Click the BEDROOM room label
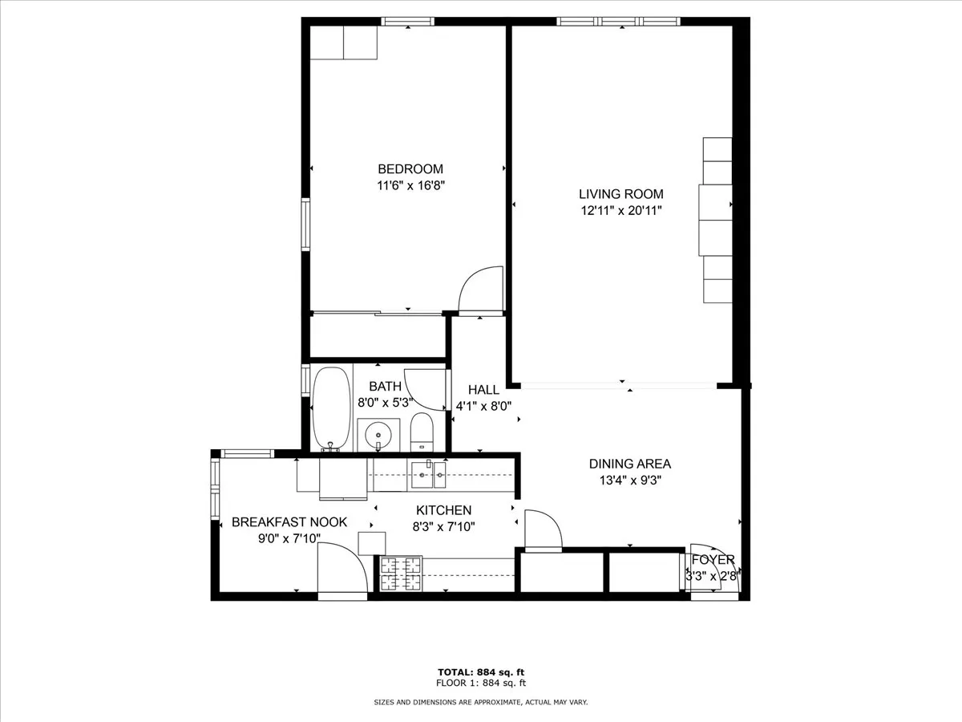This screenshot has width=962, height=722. tap(410, 169)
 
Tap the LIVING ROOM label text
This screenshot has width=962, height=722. tap(621, 194)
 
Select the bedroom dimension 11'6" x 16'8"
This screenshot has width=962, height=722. tap(410, 185)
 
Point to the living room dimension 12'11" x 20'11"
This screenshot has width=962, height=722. tap(621, 211)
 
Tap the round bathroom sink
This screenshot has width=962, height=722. tap(377, 436)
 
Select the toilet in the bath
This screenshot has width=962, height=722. tap(422, 433)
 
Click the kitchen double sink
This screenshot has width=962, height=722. tap(429, 475)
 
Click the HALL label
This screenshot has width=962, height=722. tap(483, 390)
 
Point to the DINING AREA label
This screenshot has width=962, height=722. tap(629, 464)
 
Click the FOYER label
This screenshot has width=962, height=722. tap(713, 560)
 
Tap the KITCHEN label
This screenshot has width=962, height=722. tap(443, 510)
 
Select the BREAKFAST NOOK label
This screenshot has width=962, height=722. tap(289, 522)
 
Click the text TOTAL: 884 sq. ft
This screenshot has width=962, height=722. tap(481, 671)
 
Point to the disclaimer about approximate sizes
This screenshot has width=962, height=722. tap(481, 702)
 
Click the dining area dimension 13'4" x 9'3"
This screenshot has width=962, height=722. tap(629, 481)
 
